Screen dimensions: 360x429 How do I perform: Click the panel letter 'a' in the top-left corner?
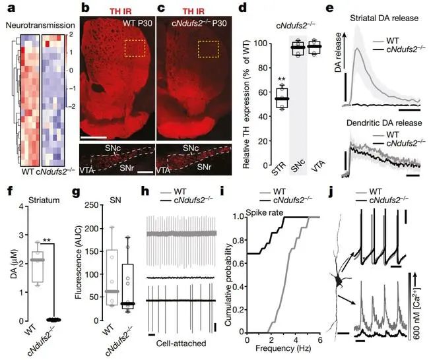point(8,9)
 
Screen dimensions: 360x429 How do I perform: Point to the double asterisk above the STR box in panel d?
point(281,78)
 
